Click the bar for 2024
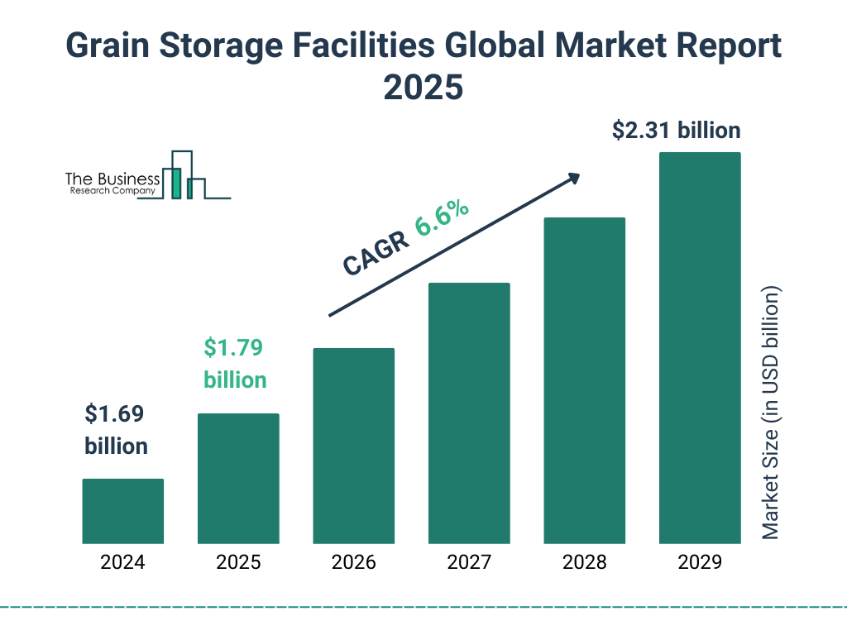pos(122,511)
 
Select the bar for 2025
pos(238,478)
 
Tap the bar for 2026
pos(353,446)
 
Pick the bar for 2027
pos(469,413)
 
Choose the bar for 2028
pos(584,380)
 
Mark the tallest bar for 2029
pos(700,347)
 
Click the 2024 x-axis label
pos(122,563)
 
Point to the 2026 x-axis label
pos(353,563)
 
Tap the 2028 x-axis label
pos(584,563)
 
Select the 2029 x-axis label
pos(700,563)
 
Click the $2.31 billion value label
pos(676,131)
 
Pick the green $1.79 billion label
pos(235,364)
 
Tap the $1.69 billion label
pos(117,429)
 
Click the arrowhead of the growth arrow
pos(573,178)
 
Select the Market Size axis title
pos(771,413)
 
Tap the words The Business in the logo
pos(112,179)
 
